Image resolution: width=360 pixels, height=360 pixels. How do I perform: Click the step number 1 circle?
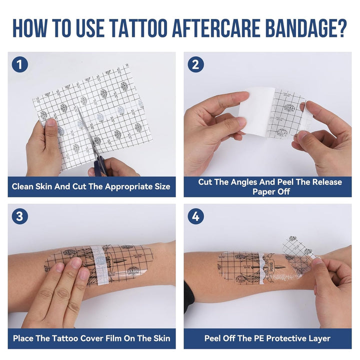pyautogui.click(x=19, y=64)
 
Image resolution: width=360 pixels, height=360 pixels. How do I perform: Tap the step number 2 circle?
pyautogui.click(x=195, y=64)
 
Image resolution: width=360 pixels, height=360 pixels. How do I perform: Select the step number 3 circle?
pyautogui.click(x=19, y=216)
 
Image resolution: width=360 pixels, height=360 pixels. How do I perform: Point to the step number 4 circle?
pyautogui.click(x=195, y=216)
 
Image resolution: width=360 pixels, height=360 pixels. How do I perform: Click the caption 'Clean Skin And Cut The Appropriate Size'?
pyautogui.click(x=91, y=187)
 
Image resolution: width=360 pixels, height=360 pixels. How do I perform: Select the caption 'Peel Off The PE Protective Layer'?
pyautogui.click(x=267, y=338)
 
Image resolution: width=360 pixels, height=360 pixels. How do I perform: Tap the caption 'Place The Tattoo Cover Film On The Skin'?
pyautogui.click(x=91, y=338)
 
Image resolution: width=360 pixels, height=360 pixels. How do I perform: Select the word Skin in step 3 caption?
pyautogui.click(x=159, y=338)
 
